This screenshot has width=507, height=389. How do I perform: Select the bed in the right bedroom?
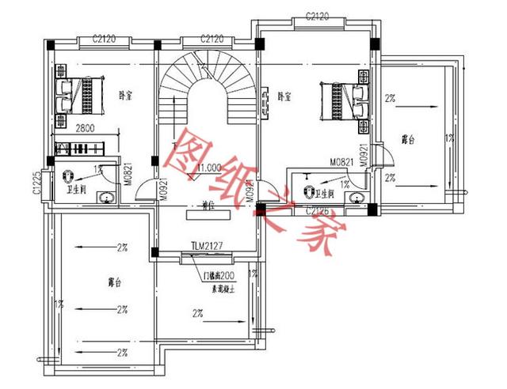tap(343, 100)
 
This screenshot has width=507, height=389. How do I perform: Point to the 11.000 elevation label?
tap(208, 168)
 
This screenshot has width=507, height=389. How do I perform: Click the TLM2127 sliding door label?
tap(206, 244)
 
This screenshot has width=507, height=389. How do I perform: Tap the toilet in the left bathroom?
tap(67, 176)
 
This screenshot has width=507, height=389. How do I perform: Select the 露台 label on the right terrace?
tap(409, 140)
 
